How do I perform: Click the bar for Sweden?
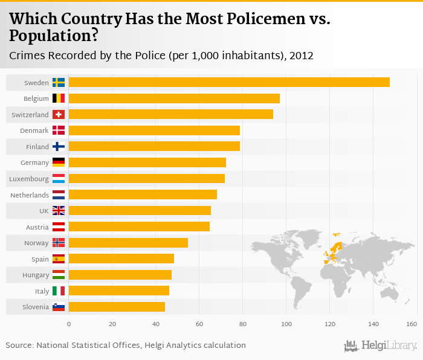[x=229, y=82]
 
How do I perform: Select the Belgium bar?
[x=174, y=98]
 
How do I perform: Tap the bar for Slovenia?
[x=117, y=307]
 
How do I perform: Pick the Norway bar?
[x=128, y=243]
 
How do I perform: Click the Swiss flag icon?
[x=59, y=114]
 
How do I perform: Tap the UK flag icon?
[x=59, y=211]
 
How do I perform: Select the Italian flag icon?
[x=59, y=291]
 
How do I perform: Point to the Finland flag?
[x=59, y=147]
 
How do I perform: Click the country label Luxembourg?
[x=29, y=179]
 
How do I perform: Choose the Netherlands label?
[x=30, y=195]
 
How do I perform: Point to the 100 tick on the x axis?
[x=286, y=324]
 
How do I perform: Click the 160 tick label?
[x=412, y=324]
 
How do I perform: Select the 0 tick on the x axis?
[x=69, y=324]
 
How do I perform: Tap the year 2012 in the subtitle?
[x=301, y=56]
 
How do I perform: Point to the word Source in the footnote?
[x=19, y=346]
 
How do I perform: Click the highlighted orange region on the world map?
[x=334, y=251]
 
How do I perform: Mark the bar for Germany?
[x=147, y=162]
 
